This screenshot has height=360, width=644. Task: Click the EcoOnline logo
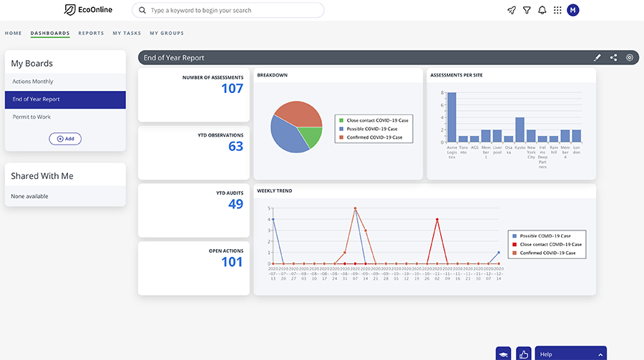[88, 10]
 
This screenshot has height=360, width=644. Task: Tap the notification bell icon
[542, 10]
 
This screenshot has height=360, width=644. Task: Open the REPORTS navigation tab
[91, 33]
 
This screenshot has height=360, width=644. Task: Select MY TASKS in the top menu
[127, 33]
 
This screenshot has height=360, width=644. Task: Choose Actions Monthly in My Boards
[33, 82]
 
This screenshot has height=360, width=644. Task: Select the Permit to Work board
[31, 117]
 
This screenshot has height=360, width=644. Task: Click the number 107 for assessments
[232, 89]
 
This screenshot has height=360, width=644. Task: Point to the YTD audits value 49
[235, 204]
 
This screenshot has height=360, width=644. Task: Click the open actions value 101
[232, 262]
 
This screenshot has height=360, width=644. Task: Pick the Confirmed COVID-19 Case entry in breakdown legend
[374, 137]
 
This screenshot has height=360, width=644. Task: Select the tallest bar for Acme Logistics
[452, 117]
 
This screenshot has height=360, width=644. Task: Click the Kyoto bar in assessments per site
[519, 130]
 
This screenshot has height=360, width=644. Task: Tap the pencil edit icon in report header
[597, 58]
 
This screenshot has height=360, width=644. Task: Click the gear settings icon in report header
[630, 58]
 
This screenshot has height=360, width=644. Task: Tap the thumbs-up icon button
[524, 354]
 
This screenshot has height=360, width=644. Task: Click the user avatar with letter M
[573, 10]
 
